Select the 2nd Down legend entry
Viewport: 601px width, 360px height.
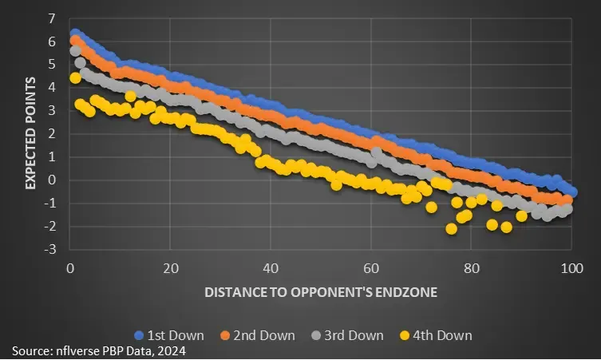click(263, 335)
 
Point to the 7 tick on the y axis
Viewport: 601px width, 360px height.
click(52, 18)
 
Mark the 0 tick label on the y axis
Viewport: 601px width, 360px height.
click(52, 180)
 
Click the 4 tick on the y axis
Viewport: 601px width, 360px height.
click(52, 87)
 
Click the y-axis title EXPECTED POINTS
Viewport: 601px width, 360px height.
click(30, 133)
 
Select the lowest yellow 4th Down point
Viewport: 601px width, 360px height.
click(451, 229)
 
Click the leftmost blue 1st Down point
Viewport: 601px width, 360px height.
click(75, 34)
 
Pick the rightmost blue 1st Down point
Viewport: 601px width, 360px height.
click(571, 192)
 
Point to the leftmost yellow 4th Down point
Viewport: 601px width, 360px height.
click(75, 78)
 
